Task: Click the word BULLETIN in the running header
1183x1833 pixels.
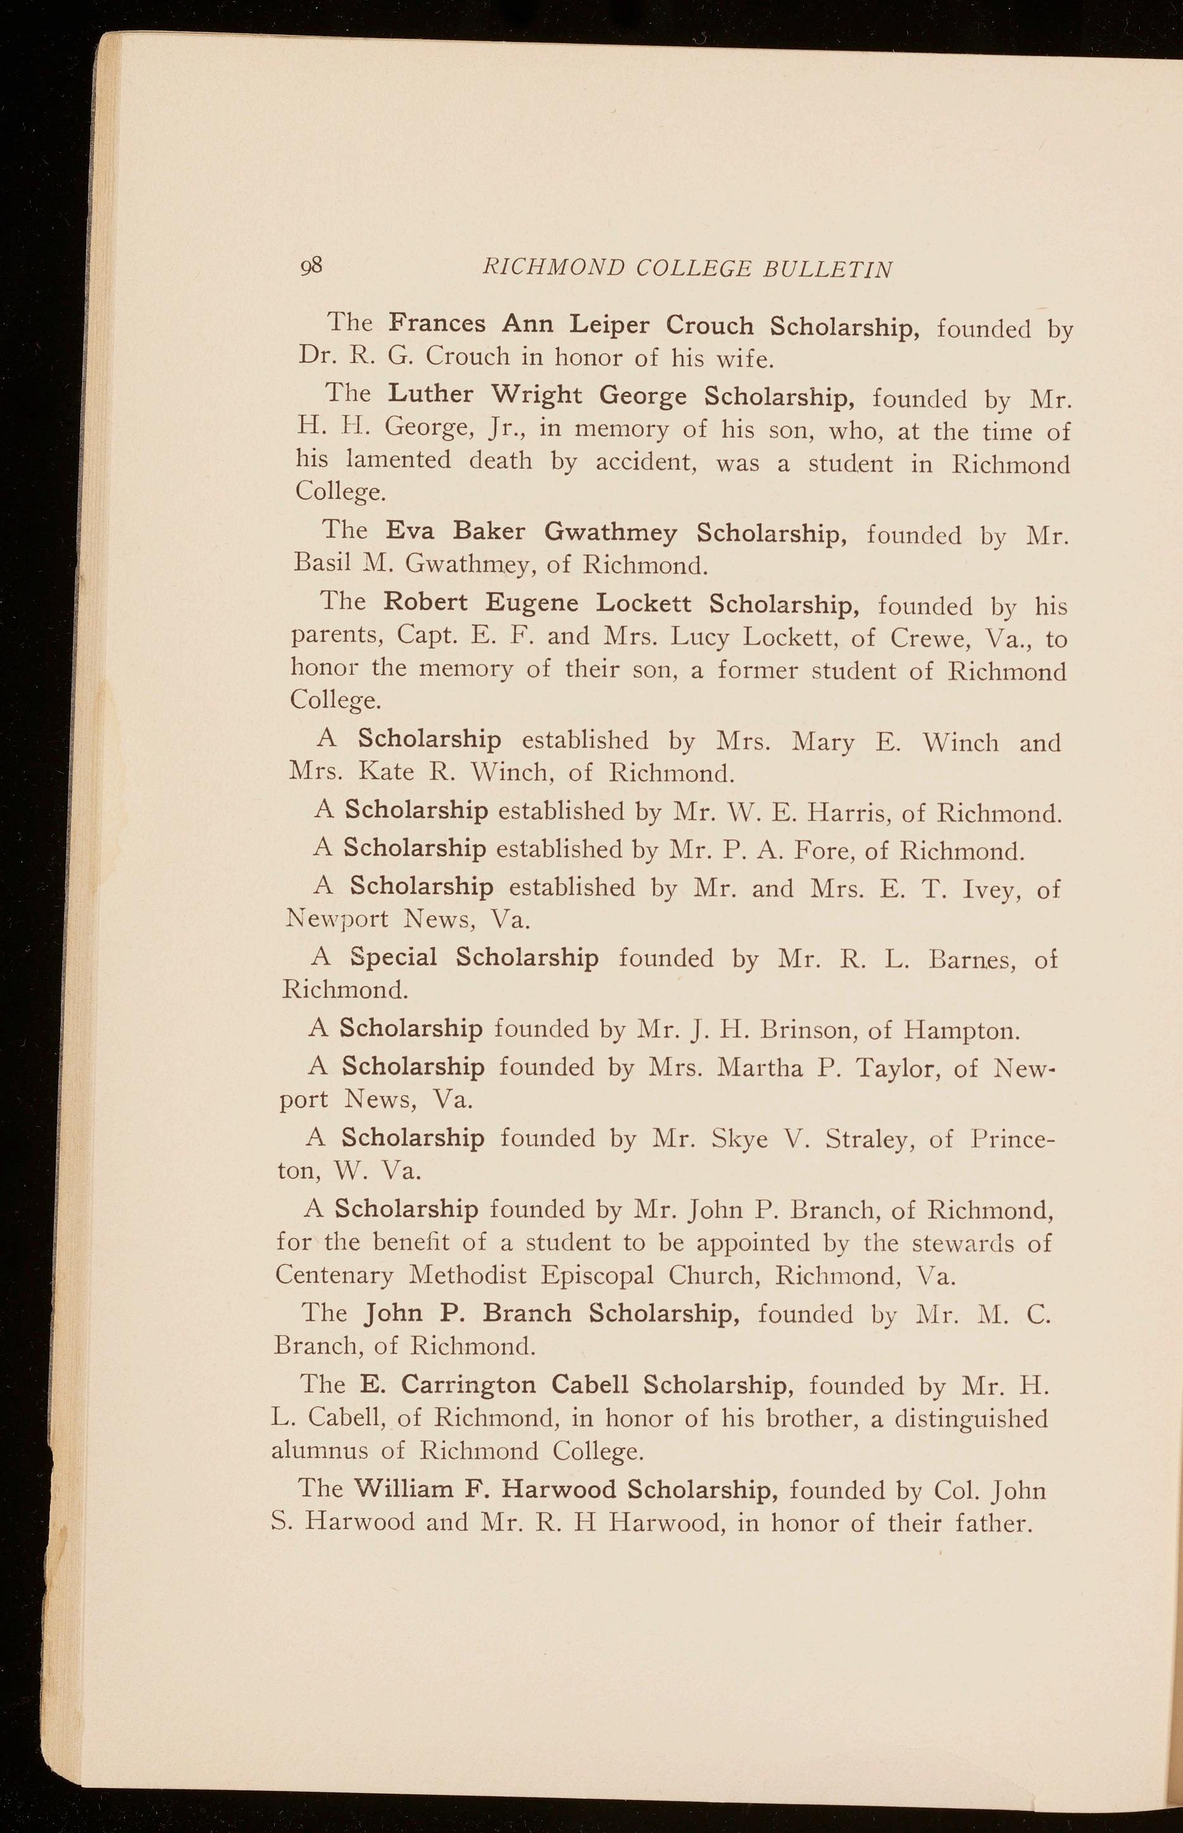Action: tap(827, 269)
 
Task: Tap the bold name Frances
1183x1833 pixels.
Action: tap(436, 323)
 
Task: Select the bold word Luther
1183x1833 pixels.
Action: tap(430, 393)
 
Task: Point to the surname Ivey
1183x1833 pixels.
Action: tap(978, 889)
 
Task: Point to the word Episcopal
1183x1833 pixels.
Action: tap(596, 1276)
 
